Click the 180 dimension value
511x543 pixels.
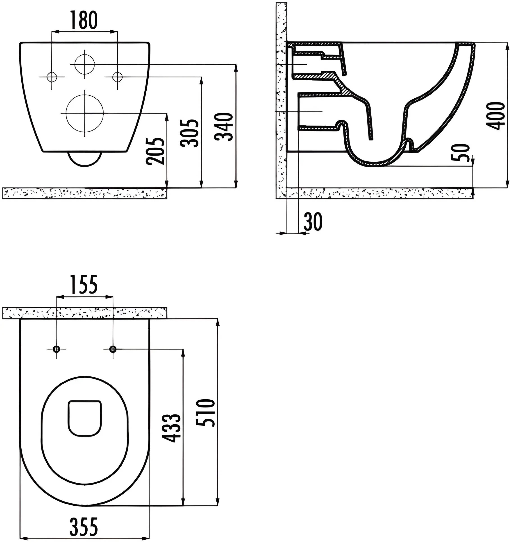[84, 20]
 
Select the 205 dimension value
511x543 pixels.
[155, 151]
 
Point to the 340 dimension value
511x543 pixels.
[224, 127]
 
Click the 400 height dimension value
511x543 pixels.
[495, 116]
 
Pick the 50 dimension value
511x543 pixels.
[462, 153]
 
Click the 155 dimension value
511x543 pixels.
[84, 285]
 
